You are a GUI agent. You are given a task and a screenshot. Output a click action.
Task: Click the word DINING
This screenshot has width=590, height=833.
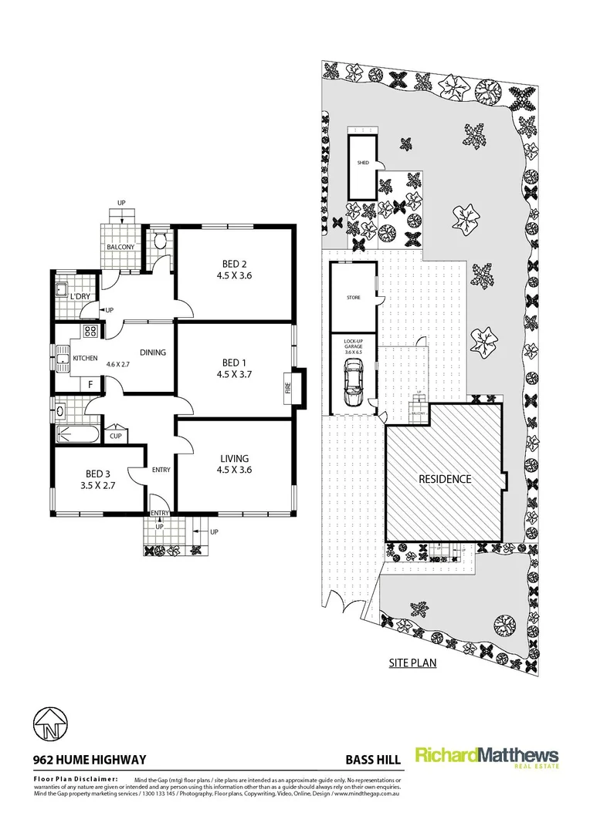point(153,352)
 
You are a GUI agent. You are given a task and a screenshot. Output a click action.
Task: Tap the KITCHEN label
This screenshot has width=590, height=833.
point(84,359)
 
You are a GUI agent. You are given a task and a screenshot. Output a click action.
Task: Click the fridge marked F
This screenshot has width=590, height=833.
point(90,383)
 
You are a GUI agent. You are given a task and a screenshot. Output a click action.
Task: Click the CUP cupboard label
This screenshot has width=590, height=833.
point(115,436)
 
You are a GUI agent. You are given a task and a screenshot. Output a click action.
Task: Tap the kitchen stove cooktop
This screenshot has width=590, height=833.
point(90,332)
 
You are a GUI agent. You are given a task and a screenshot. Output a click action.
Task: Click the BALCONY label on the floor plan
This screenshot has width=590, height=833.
point(120,247)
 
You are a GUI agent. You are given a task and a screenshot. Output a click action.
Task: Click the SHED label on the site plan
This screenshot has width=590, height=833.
point(362,164)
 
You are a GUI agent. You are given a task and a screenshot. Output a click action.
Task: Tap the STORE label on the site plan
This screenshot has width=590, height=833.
point(353,297)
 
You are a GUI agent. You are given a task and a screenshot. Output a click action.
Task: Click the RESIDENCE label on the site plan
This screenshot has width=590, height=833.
point(445,478)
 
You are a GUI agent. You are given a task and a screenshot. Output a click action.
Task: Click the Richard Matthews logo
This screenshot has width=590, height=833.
point(487,757)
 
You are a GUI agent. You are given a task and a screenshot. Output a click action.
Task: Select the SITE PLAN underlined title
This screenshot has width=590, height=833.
point(412,662)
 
